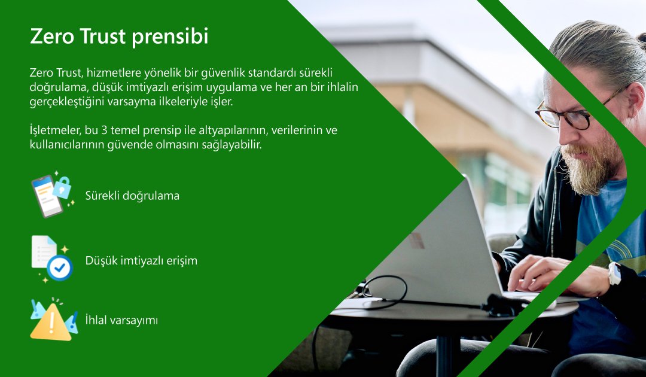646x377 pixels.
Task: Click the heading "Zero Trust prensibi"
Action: [119, 37]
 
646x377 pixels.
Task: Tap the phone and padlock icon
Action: [51, 195]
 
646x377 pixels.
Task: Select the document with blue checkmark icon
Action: [51, 259]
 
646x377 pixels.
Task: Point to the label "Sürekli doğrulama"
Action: [132, 196]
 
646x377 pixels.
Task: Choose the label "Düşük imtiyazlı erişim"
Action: [141, 260]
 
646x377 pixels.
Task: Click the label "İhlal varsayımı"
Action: [121, 320]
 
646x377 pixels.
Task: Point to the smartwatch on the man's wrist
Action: [614, 273]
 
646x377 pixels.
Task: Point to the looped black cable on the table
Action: [383, 290]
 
